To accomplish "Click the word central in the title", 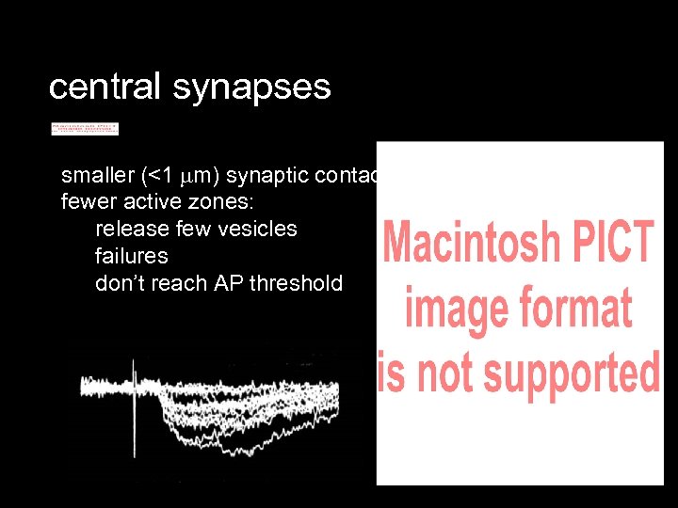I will point(105,87).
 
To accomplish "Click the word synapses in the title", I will point(251,87).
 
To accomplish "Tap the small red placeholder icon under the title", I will point(85,128).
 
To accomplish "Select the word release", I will point(130,229).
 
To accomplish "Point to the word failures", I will point(131,256).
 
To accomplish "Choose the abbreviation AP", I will point(227,283).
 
